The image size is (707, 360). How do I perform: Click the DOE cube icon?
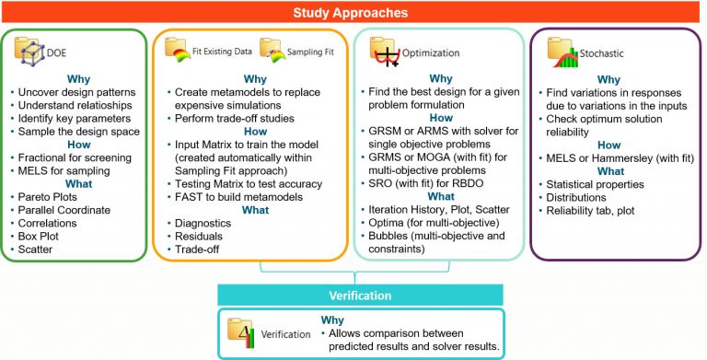click(x=29, y=52)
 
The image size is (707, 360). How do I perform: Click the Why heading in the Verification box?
click(x=333, y=320)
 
